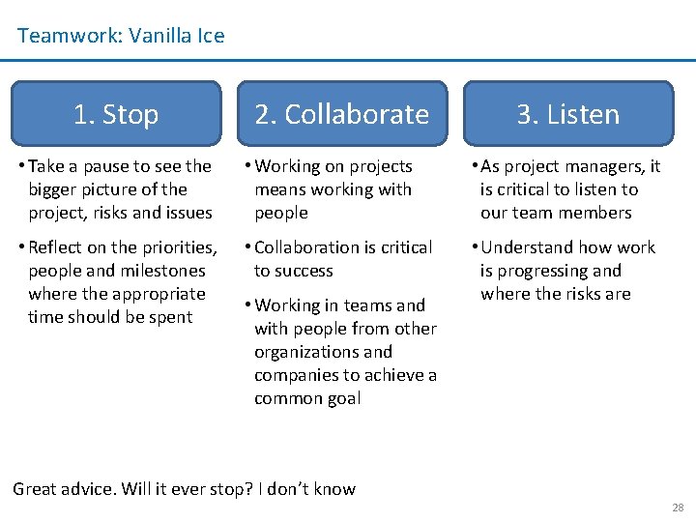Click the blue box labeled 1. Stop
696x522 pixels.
[116, 114]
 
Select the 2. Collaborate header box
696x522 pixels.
[341, 114]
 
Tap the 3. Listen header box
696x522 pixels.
[567, 114]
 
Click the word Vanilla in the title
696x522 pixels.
[160, 37]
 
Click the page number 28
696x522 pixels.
[677, 507]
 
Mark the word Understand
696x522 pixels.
[535, 247]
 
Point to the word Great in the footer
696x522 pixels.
[37, 488]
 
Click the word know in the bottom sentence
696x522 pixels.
[333, 488]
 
